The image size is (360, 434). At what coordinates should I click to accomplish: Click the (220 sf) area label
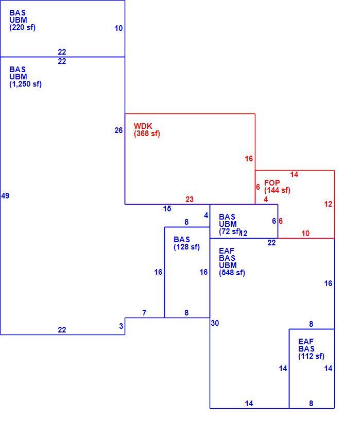[x=22, y=27]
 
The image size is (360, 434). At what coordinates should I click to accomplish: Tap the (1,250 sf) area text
[x=25, y=84]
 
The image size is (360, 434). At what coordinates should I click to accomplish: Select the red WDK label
[x=143, y=126]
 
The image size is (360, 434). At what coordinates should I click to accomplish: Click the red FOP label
[x=272, y=182]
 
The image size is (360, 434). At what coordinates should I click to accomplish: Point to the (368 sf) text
[x=147, y=133]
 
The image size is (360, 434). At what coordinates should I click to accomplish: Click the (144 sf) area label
[x=277, y=190]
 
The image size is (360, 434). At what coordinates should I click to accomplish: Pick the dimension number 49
[x=5, y=196]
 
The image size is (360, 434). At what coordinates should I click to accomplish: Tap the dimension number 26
[x=118, y=130]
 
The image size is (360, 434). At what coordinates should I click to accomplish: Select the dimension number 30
[x=215, y=323]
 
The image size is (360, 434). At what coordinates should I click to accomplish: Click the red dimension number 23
[x=190, y=199]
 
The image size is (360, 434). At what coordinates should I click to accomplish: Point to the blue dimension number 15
[x=167, y=209]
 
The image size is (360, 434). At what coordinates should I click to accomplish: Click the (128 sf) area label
[x=186, y=247]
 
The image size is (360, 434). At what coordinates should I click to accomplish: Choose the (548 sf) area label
[x=232, y=273]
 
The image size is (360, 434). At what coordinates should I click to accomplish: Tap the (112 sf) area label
[x=312, y=356]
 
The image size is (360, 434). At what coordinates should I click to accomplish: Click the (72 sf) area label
[x=230, y=231]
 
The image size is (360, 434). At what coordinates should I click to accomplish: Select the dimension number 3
[x=121, y=326]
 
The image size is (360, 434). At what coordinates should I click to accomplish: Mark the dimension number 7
[x=144, y=313]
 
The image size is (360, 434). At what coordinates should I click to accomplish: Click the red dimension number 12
[x=328, y=204]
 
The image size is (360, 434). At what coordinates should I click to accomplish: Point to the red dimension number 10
[x=305, y=233]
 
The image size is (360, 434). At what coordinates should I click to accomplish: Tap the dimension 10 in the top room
[x=118, y=28]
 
